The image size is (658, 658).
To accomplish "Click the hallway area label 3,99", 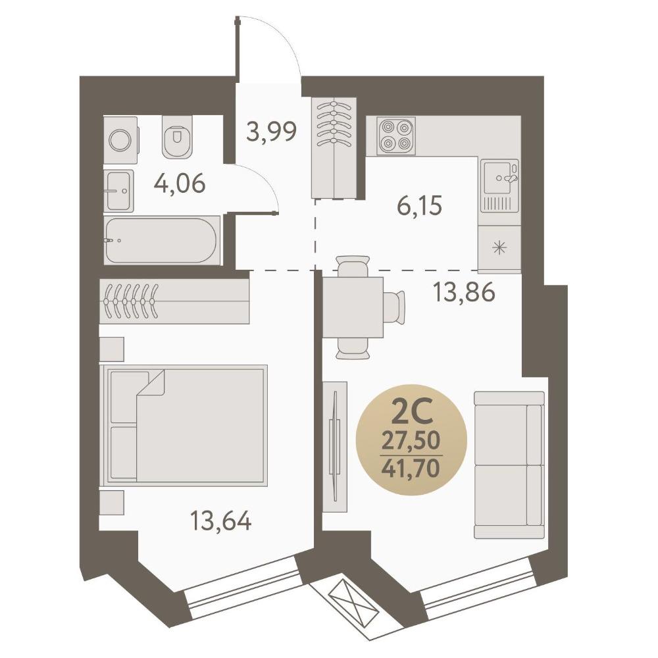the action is pyautogui.click(x=272, y=132).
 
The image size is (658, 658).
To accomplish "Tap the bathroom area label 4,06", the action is pyautogui.click(x=180, y=183).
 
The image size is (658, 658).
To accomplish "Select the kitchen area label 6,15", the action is pyautogui.click(x=419, y=206).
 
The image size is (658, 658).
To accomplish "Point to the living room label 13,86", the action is pyautogui.click(x=464, y=292).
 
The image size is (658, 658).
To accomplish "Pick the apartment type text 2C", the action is pyautogui.click(x=411, y=413).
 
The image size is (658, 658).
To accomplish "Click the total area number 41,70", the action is pyautogui.click(x=411, y=468).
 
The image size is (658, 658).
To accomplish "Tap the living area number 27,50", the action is pyautogui.click(x=411, y=441).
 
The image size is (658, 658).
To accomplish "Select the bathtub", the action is pyautogui.click(x=162, y=240).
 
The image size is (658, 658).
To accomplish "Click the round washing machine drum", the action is pyautogui.click(x=120, y=139).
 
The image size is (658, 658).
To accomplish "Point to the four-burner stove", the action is pyautogui.click(x=396, y=136).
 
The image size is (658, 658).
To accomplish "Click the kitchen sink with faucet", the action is pyautogui.click(x=499, y=186).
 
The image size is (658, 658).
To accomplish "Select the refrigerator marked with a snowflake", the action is pyautogui.click(x=499, y=249).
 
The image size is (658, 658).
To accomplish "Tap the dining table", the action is pyautogui.click(x=353, y=307).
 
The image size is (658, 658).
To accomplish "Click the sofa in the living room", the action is pyautogui.click(x=509, y=465).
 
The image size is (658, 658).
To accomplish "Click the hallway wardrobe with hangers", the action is pyautogui.click(x=334, y=147).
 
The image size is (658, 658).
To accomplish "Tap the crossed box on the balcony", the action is pyautogui.click(x=351, y=603).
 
